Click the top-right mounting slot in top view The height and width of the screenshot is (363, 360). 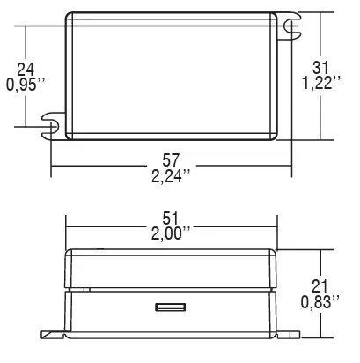tap(287, 28)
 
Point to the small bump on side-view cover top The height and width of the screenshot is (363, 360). tap(99, 248)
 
